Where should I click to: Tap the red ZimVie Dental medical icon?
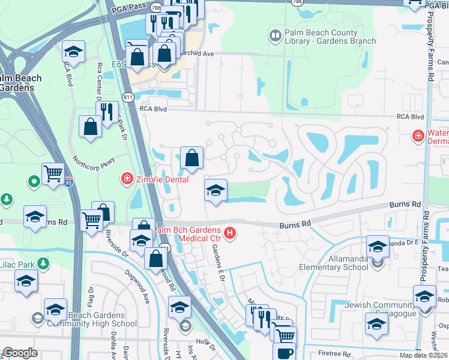point(127,178)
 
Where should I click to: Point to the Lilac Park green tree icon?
point(43,263)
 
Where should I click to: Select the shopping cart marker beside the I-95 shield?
point(53,174)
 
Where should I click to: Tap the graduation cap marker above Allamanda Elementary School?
point(378,246)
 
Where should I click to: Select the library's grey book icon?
point(275,36)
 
